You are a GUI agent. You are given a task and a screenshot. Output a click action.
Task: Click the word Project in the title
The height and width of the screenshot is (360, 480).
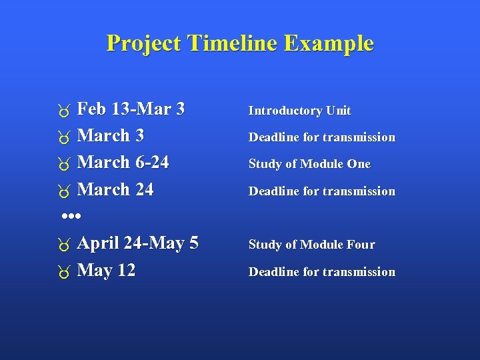pos(144,43)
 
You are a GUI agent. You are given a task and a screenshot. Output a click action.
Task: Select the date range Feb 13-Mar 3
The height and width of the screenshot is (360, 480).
pos(131,109)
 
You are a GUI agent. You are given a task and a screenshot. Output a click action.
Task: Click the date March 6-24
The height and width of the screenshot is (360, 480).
pos(123,163)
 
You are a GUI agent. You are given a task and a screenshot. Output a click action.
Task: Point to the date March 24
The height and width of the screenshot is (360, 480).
pos(115,190)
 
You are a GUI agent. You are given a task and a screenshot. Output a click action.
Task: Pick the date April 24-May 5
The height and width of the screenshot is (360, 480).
pos(137,243)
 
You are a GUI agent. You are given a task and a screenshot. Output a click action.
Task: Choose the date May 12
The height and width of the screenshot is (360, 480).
pos(106,271)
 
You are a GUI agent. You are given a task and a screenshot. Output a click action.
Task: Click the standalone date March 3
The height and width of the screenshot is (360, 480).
pos(111,136)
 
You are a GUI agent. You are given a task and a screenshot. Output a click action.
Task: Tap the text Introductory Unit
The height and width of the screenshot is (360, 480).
pos(299,111)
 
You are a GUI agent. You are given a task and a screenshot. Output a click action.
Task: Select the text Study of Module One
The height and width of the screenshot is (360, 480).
pos(309,164)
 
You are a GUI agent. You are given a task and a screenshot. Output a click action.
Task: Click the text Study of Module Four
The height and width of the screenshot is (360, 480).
pos(311,245)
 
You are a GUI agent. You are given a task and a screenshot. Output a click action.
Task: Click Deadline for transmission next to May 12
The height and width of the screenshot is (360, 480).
pos(321,272)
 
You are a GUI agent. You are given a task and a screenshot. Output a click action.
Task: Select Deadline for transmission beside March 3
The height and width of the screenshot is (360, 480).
pos(321,137)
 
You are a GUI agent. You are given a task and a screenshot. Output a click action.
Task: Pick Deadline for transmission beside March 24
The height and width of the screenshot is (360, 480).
pos(321,191)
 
